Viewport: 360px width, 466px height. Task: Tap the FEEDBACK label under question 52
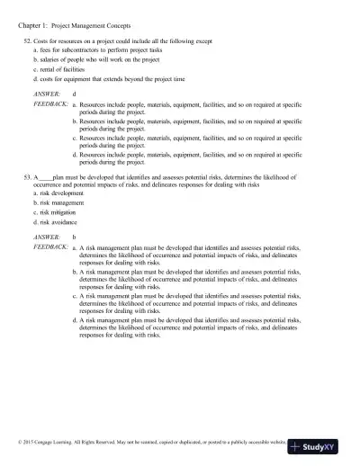(50, 104)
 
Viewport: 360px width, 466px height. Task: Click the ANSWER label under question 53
(47, 236)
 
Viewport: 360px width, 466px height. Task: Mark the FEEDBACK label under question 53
(50, 246)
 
